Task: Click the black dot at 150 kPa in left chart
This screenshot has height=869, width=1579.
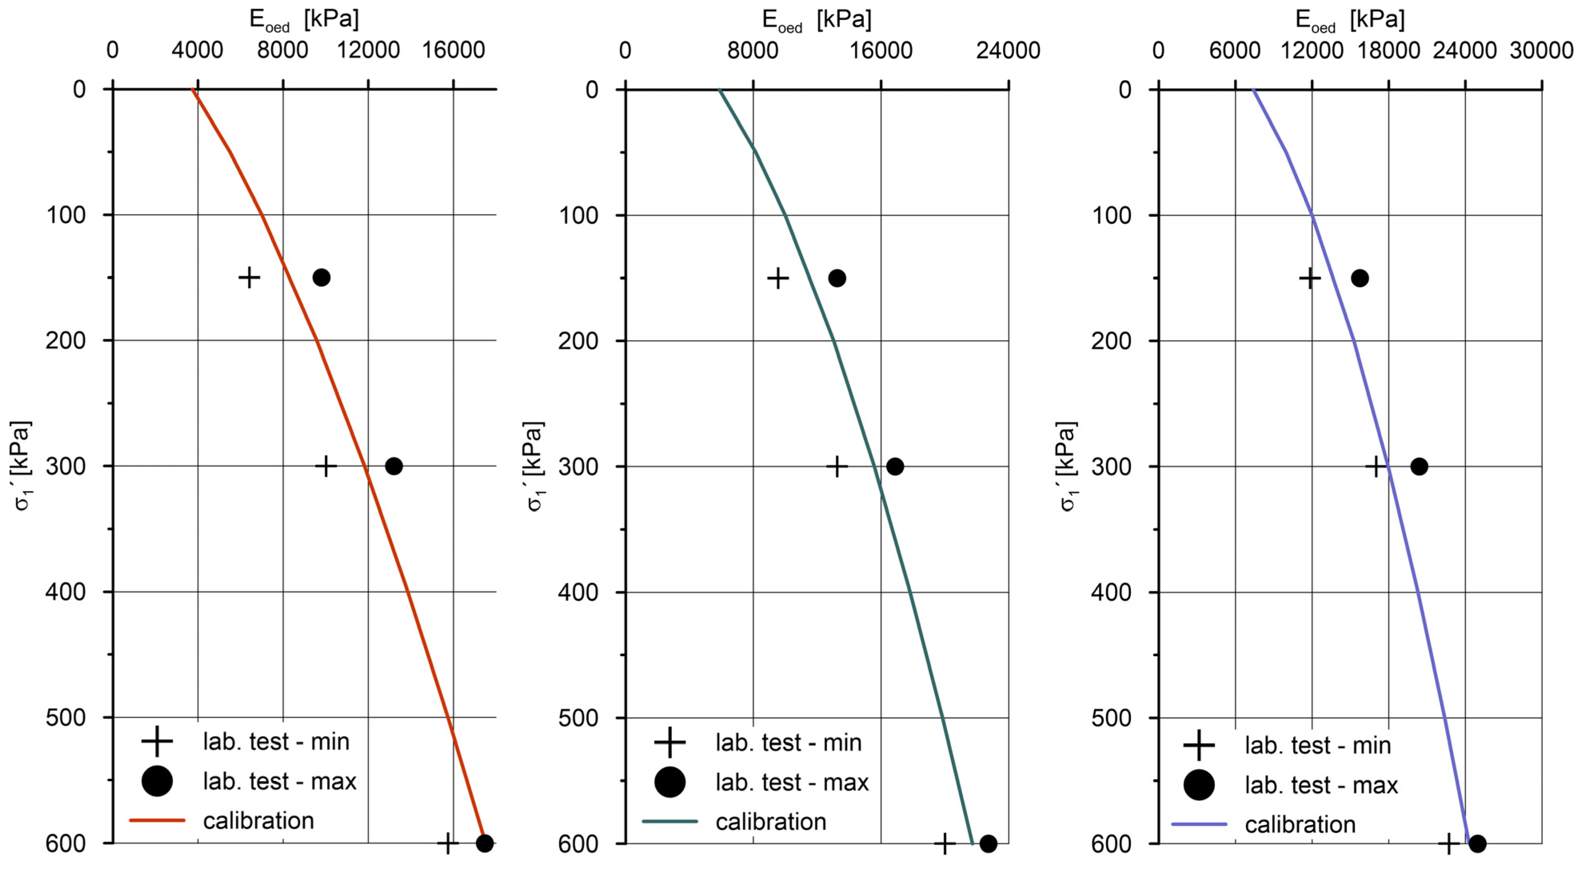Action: (321, 278)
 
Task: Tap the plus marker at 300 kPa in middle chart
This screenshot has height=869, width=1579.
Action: (837, 466)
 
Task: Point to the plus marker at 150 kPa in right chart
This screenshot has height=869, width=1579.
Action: (1310, 278)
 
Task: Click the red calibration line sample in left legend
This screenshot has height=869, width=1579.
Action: (157, 820)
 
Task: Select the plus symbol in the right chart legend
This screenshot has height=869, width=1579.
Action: (1199, 745)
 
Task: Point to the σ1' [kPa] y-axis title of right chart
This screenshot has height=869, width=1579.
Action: (1067, 466)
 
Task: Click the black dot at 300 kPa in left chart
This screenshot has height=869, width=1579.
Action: (393, 466)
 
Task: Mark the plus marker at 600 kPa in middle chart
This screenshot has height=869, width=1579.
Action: (945, 843)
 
